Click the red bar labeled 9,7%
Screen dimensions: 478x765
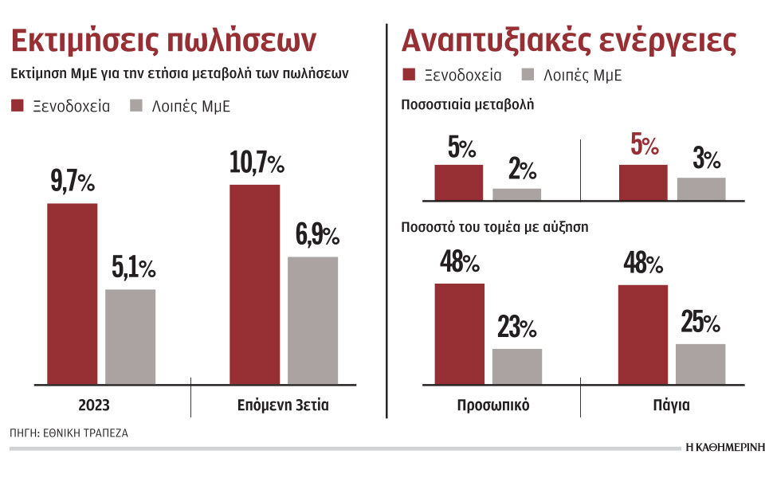pos(72,293)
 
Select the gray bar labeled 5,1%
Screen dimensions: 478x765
pos(131,336)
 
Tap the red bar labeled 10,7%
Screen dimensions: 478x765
pos(255,284)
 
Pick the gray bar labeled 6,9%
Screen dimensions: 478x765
pos(312,319)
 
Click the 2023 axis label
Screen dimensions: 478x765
pos(94,406)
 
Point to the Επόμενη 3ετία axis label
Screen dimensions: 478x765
pos(283,406)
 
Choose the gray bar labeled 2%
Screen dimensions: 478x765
pos(516,194)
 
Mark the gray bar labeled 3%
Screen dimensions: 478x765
pos(700,189)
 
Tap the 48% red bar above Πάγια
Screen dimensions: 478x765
pos(643,334)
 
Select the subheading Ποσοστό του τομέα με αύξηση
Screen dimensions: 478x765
pos(494,226)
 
